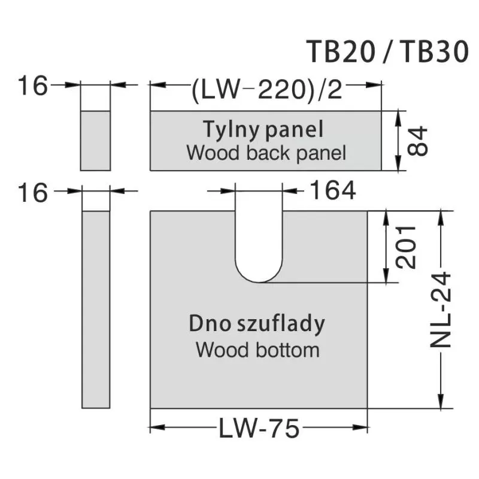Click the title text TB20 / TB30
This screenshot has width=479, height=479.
coord(386,52)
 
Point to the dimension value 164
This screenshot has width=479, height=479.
coord(332,191)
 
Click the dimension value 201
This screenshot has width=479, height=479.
coord(405,247)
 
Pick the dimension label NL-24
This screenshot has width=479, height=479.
coord(441,311)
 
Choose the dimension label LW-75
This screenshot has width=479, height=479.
coord(259,428)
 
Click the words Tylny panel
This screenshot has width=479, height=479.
coord(263,129)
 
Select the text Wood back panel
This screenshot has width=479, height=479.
coord(266,153)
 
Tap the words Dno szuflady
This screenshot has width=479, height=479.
coord(257,324)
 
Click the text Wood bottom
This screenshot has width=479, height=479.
coord(257,348)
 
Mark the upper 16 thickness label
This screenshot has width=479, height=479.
coord(32,86)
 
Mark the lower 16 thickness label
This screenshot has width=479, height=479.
coord(32,193)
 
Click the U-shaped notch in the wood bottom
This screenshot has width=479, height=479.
coord(259,245)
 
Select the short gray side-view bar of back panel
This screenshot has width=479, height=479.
coord(96,141)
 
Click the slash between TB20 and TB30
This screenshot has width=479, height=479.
coord(386,53)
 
